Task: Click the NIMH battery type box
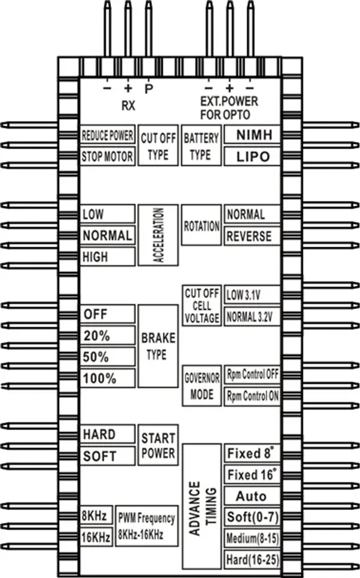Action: [x=252, y=135]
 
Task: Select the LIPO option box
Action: [x=252, y=157]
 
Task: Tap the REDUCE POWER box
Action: [x=108, y=135]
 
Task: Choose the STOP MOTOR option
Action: [x=108, y=157]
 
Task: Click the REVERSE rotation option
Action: [x=252, y=236]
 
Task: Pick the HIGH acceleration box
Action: [x=108, y=256]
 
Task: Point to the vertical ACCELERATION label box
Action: [x=158, y=235]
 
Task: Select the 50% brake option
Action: [x=108, y=357]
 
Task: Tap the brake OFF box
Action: [x=108, y=314]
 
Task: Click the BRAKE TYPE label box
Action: [x=158, y=346]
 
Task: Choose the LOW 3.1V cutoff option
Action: [x=252, y=295]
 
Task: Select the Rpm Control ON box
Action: [x=252, y=396]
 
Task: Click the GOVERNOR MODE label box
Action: [x=202, y=385]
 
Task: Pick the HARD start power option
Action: [x=108, y=434]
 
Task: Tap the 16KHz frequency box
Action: [x=96, y=536]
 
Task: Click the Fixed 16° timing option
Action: [x=252, y=474]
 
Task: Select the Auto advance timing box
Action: [x=252, y=496]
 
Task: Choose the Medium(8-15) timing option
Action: [x=252, y=538]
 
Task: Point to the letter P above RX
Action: [x=149, y=89]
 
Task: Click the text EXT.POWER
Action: [x=229, y=101]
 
